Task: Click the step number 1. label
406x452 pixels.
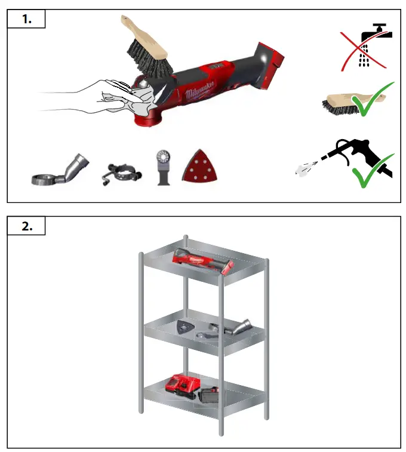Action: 26,19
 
